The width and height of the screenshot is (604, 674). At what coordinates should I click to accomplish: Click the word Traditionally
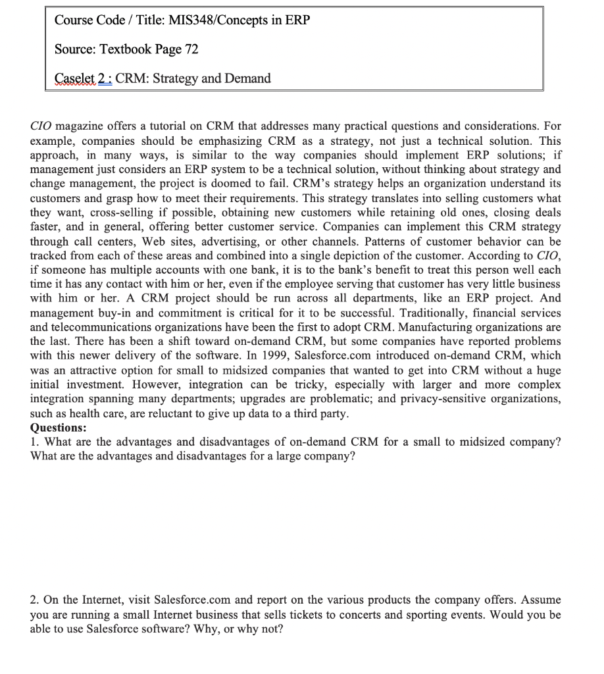click(423, 313)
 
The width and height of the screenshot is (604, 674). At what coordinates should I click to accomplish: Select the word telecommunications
click(106, 327)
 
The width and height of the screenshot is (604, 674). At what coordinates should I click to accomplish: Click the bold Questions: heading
click(59, 428)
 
